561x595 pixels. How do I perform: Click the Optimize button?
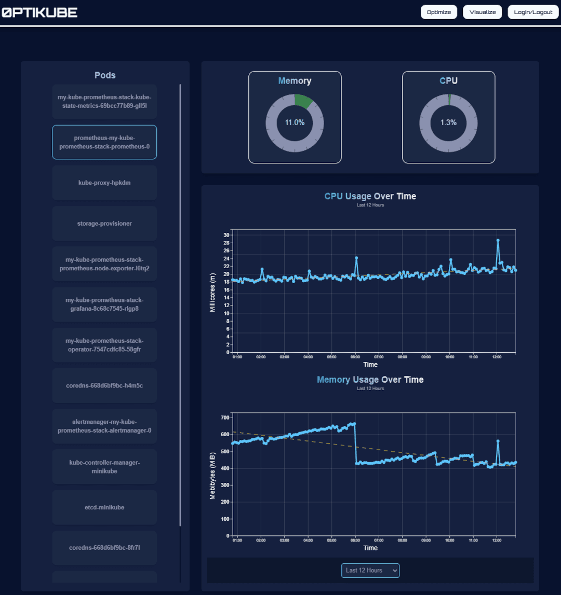438,12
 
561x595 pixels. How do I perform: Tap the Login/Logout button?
533,12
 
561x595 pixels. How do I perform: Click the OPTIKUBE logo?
39,12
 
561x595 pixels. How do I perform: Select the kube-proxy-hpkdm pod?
104,183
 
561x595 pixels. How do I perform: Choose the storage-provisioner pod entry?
104,224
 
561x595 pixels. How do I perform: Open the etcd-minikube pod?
104,507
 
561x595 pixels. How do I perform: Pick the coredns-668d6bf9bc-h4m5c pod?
104,385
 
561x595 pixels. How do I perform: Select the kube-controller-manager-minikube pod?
104,467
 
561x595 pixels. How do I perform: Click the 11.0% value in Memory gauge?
295,123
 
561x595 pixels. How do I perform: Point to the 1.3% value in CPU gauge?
448,123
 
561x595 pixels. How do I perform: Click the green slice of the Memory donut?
303,101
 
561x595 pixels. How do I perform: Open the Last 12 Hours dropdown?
370,570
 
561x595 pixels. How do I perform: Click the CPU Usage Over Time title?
370,196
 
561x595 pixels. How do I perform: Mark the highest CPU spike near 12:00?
498,240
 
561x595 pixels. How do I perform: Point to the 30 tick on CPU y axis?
226,235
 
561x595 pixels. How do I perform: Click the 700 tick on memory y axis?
225,417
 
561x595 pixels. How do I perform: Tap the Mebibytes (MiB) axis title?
212,475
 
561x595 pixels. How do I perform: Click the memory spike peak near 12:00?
498,441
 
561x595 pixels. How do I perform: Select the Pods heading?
105,75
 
